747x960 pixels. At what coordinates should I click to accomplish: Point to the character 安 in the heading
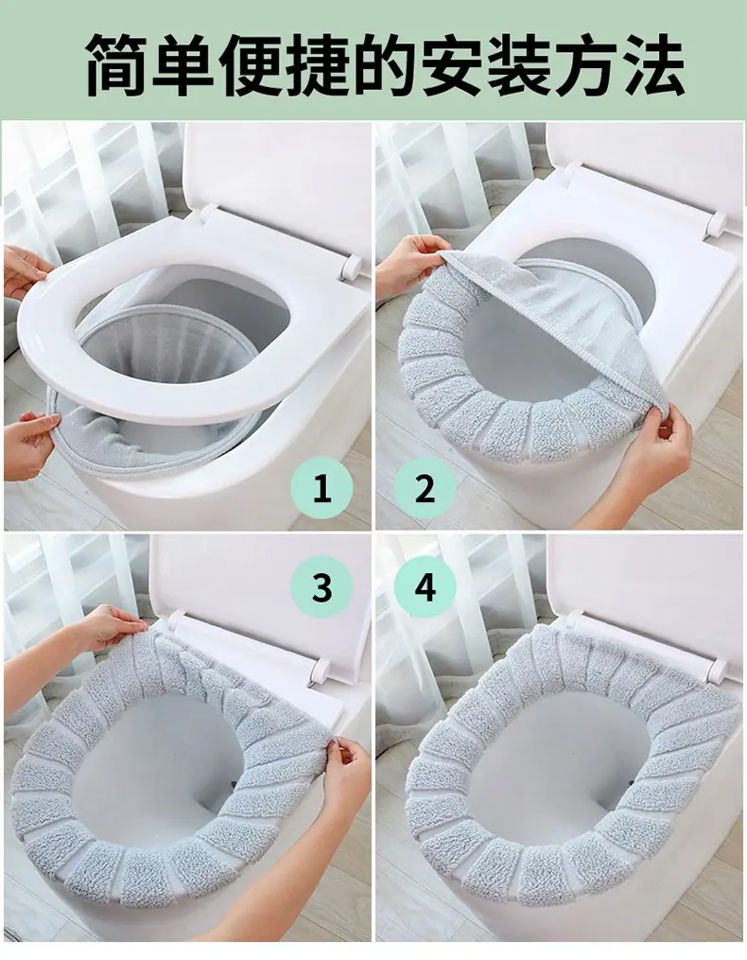coord(453,65)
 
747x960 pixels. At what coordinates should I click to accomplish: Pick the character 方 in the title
coord(585,65)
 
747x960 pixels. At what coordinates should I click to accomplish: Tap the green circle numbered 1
coord(321,488)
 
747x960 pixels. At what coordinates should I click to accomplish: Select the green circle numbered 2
coord(425,488)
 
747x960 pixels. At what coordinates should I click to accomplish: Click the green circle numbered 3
coord(321,586)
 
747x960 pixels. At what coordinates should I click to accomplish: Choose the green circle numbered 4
coord(425,586)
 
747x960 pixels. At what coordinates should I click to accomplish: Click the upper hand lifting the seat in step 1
coord(25,270)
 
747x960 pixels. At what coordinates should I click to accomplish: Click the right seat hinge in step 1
coord(351,267)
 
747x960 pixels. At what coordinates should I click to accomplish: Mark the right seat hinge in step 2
coord(714,224)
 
